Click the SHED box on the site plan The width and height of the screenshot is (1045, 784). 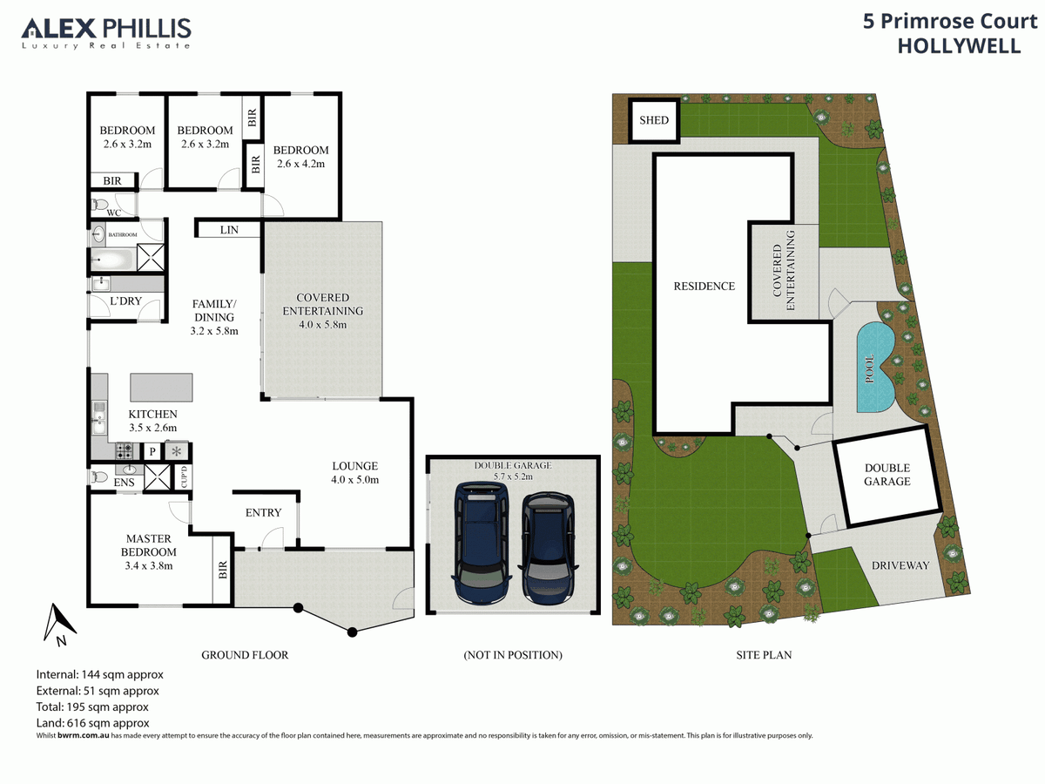[x=654, y=120]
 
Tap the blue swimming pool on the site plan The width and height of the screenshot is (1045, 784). [x=875, y=368]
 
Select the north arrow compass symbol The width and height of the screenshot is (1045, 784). [x=59, y=624]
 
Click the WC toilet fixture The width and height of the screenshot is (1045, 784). [x=100, y=205]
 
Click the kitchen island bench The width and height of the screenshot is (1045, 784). [x=161, y=388]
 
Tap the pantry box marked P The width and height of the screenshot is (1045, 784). [x=152, y=451]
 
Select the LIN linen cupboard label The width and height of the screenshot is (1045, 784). [x=229, y=230]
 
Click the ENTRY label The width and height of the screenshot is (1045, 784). [x=263, y=513]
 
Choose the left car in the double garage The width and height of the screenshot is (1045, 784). [x=482, y=543]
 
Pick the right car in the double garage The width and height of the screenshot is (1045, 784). [x=548, y=548]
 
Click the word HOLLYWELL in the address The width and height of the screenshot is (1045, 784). [x=960, y=46]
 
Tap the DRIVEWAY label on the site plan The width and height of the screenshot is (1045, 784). [x=900, y=565]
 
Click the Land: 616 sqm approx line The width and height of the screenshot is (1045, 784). [x=93, y=723]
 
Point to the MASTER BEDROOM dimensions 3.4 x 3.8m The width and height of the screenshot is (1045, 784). [x=149, y=566]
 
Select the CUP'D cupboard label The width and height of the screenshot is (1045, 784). [x=185, y=476]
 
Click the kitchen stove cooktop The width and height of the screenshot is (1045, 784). [x=125, y=450]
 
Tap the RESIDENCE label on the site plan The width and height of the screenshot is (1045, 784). [x=705, y=286]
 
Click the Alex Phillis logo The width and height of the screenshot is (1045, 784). [x=105, y=33]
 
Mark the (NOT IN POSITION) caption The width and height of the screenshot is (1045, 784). [x=513, y=655]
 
